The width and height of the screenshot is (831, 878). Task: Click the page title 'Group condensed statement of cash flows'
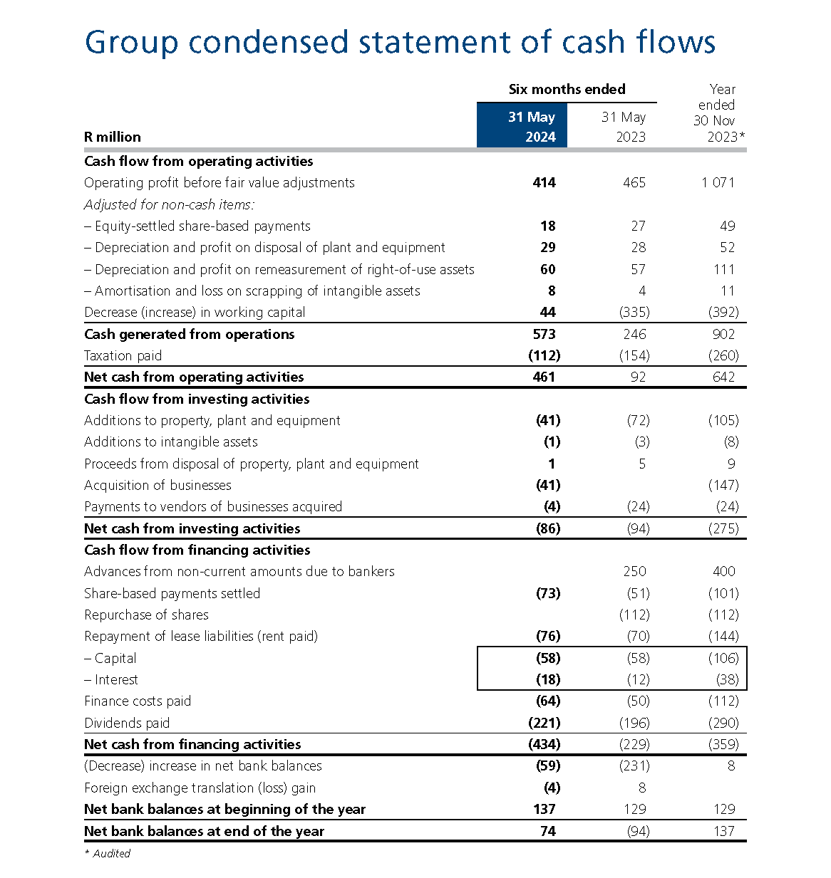[x=400, y=43]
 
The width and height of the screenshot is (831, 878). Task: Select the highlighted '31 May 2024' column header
[x=522, y=126]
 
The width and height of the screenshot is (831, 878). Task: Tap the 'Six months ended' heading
[x=567, y=89]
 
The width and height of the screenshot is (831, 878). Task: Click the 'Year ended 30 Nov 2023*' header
[x=718, y=113]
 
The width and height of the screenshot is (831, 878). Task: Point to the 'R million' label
[x=113, y=137]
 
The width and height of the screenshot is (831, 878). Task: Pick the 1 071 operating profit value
[x=718, y=182]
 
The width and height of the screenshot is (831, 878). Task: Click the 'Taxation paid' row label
[x=123, y=355]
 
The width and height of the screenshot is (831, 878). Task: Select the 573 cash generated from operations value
[x=544, y=334]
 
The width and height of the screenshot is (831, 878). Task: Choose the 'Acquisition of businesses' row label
[x=158, y=485]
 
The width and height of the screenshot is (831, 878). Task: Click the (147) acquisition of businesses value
[x=723, y=485]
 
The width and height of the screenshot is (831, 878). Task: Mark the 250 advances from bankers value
[x=634, y=571]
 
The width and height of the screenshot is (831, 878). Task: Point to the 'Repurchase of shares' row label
[x=146, y=615]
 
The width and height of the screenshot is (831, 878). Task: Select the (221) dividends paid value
[x=544, y=723]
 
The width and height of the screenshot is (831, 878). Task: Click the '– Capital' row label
[x=110, y=658]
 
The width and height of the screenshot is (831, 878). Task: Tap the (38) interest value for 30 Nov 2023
[x=727, y=679]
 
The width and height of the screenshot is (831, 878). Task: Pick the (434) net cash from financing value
[x=544, y=744]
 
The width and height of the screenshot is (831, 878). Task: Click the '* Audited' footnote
[x=108, y=853]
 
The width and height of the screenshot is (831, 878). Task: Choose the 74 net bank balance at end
[x=547, y=831]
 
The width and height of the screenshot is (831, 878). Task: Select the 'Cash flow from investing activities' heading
[x=197, y=399]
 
